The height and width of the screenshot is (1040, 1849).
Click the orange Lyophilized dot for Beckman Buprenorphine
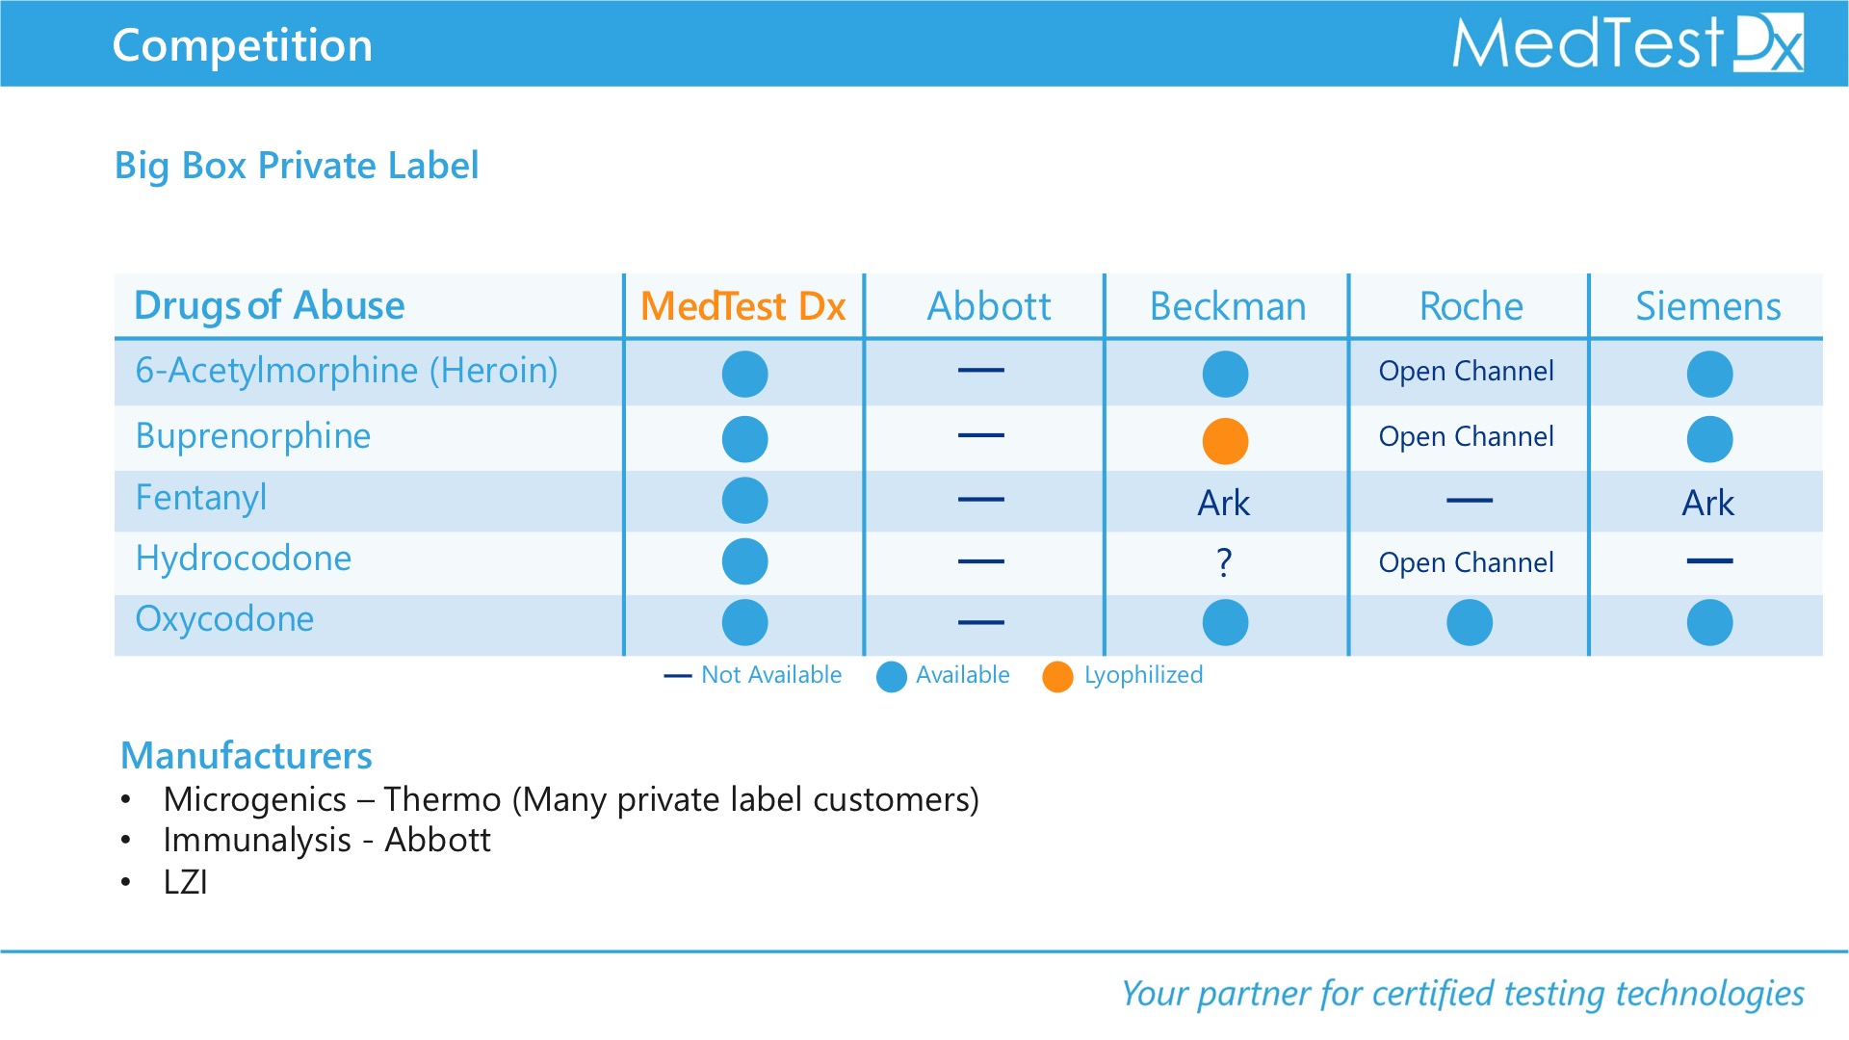(1225, 441)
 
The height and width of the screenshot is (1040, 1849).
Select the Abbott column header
(989, 306)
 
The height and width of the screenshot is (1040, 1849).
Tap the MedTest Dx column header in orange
(743, 306)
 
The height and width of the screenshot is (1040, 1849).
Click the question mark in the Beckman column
(1225, 561)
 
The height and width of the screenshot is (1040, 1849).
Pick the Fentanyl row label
(201, 498)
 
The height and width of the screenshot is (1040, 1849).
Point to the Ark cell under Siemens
(1708, 503)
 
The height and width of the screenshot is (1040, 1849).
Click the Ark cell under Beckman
(1224, 503)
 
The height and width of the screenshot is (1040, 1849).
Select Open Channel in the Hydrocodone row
(1467, 562)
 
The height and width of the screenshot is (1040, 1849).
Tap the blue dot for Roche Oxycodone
(1470, 622)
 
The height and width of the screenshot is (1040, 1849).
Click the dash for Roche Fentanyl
(1470, 501)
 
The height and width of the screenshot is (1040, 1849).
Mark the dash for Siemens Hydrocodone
(1710, 560)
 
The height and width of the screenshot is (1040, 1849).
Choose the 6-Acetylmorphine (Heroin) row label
(347, 371)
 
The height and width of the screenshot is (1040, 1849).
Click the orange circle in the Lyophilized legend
(1057, 676)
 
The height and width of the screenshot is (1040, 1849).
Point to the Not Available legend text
(771, 675)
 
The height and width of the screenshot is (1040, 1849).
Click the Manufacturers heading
(247, 756)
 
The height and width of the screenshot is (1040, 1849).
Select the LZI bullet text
(186, 882)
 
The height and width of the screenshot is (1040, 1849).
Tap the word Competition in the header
(243, 45)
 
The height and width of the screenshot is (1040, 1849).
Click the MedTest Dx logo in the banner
(1628, 43)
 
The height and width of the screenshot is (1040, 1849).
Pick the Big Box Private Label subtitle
(297, 166)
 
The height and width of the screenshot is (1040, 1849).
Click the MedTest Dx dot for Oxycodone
(745, 622)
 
